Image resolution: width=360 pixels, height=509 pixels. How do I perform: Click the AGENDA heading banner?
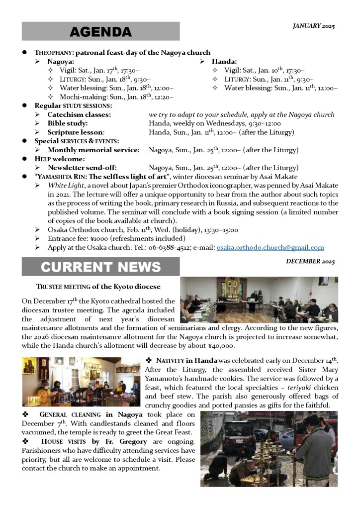point(100,31)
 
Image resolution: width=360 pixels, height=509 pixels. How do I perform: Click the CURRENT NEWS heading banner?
point(100,267)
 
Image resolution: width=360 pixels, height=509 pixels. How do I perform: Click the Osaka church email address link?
point(270,247)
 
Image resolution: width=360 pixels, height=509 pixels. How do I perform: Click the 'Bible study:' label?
point(68,123)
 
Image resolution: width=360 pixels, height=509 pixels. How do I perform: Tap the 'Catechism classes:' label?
point(79,114)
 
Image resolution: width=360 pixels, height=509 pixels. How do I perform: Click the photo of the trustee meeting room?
point(259,300)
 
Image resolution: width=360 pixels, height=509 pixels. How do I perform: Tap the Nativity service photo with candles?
point(81,382)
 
